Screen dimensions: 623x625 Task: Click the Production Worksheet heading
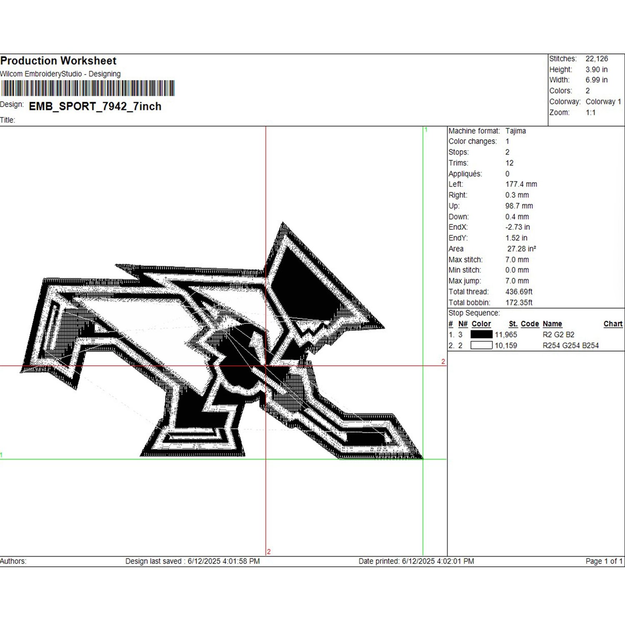[58, 61]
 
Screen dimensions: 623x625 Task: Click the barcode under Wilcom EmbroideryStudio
[87, 88]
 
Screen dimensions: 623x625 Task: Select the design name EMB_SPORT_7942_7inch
[95, 106]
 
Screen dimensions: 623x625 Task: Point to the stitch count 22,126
[597, 59]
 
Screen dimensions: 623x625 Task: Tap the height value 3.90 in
[596, 70]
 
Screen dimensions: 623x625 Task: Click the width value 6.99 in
[596, 80]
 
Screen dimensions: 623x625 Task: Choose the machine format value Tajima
[515, 131]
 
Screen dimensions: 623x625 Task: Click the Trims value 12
[509, 163]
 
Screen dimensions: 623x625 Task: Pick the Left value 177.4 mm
[521, 184]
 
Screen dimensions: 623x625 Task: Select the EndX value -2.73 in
[517, 227]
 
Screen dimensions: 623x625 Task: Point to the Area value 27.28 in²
[521, 249]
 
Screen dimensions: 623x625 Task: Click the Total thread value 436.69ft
[519, 292]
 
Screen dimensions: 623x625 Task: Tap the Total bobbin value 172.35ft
[519, 303]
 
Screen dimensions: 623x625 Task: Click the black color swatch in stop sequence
[481, 334]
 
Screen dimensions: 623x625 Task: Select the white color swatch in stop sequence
[481, 345]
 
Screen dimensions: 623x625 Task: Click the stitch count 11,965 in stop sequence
[506, 335]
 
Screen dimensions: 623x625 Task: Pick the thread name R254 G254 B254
[570, 345]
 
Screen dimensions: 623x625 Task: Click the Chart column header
[612, 324]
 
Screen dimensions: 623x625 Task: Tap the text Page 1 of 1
[604, 561]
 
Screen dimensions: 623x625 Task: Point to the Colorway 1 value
[603, 102]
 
